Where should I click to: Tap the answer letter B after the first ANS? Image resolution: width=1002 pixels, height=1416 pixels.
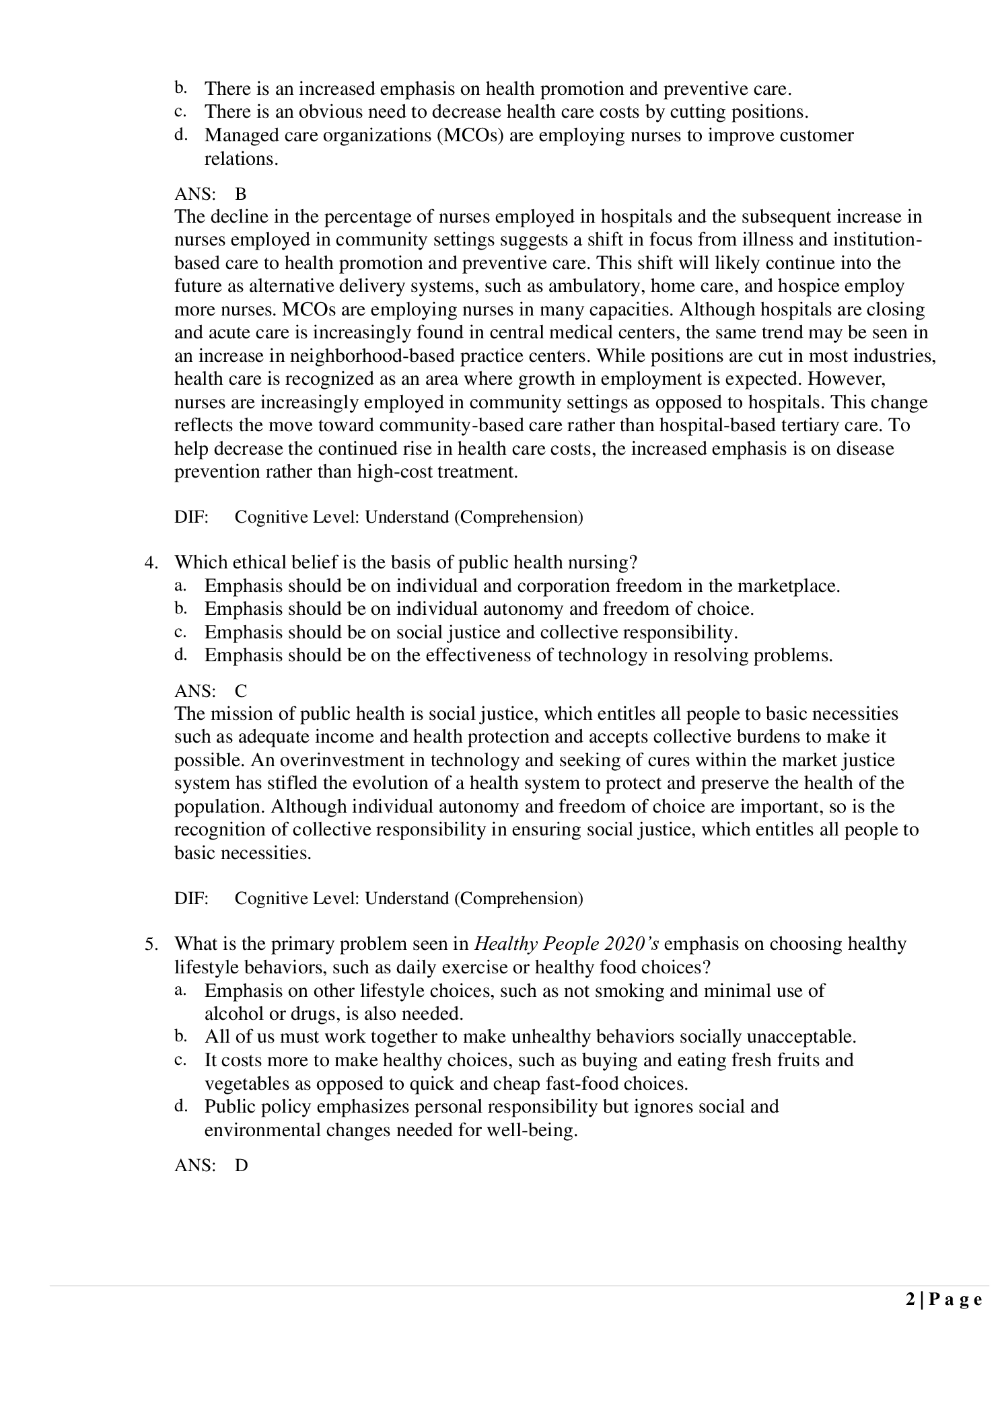(240, 194)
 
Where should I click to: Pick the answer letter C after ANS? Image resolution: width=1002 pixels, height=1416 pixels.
(240, 691)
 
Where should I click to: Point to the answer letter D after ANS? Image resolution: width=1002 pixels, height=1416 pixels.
(241, 1166)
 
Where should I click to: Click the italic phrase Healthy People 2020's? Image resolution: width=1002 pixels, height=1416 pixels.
(567, 944)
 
